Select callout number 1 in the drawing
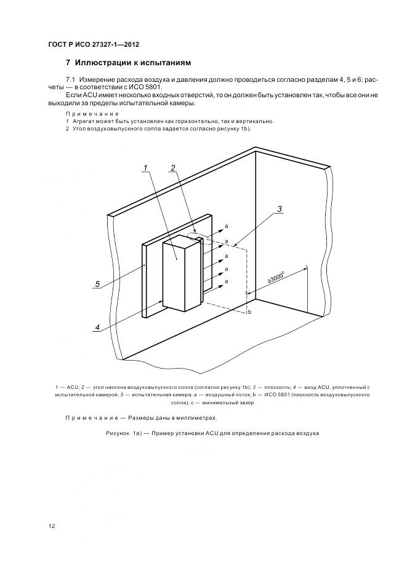[x=145, y=168]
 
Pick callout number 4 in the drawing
[x=97, y=327]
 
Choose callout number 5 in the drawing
[x=97, y=284]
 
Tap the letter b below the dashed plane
[x=249, y=313]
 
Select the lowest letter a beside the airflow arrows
[x=226, y=281]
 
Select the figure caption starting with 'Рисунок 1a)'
[x=212, y=434]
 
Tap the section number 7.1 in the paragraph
[x=70, y=81]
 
